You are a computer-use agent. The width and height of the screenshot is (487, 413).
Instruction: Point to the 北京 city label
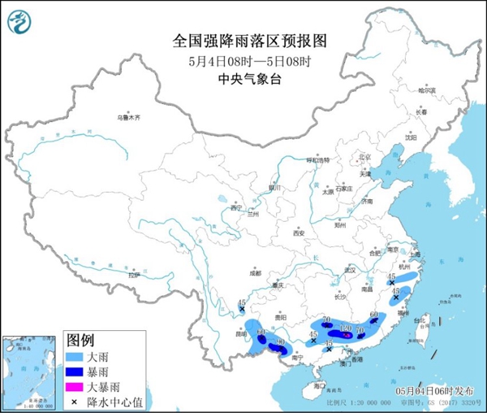click(364, 157)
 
